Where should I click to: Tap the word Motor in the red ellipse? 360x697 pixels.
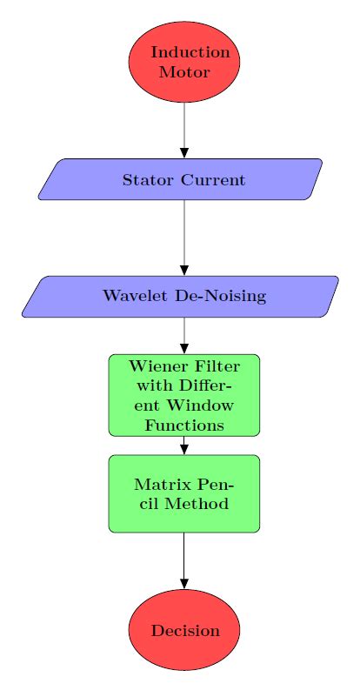184,72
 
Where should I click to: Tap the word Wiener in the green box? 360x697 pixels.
154,366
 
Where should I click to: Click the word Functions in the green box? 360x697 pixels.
184,426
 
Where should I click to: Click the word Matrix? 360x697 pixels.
161,484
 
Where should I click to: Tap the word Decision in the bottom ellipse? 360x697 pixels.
184,631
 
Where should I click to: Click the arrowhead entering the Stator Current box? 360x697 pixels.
184,153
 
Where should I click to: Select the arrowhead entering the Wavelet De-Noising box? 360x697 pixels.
184,270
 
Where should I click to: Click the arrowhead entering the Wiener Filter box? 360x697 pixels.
184,348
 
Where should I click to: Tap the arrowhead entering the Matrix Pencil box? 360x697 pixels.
184,449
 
